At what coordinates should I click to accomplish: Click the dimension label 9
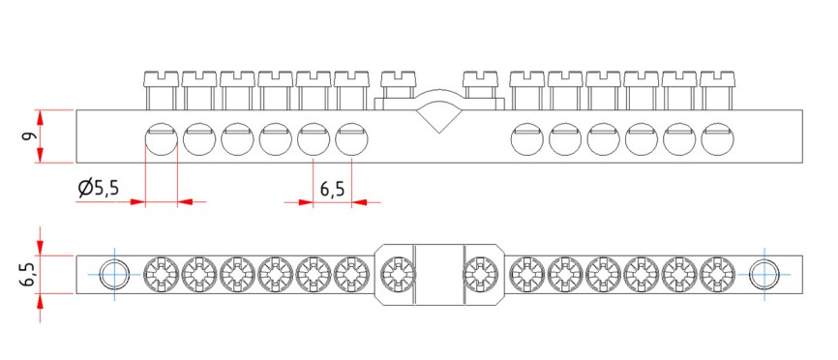29,135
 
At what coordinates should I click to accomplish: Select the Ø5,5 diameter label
98,188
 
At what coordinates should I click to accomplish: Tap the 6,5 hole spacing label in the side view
332,190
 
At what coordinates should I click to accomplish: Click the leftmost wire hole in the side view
162,139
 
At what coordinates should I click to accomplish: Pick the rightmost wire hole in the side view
718,139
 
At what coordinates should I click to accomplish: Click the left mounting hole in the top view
115,275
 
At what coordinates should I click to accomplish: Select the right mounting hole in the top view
763,275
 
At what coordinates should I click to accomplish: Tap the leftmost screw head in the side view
162,79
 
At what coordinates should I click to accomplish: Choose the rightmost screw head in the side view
718,79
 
